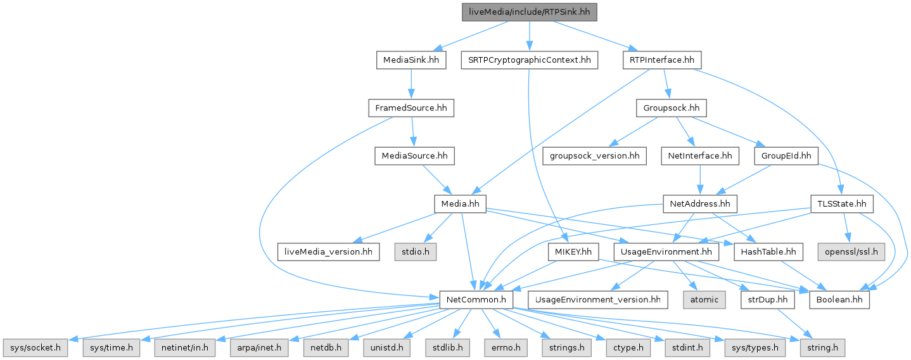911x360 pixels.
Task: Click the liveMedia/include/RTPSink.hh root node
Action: (x=530, y=12)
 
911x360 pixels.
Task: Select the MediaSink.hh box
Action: (x=411, y=60)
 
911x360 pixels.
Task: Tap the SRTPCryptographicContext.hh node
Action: (x=529, y=60)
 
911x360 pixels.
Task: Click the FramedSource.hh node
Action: (x=411, y=108)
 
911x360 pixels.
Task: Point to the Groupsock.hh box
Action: (x=671, y=108)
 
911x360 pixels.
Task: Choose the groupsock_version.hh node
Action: (x=594, y=155)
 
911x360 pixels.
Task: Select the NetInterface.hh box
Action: (x=700, y=155)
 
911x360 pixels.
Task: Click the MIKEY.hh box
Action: (x=573, y=252)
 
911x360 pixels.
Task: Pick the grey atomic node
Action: (x=704, y=299)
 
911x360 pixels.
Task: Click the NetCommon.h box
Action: (x=476, y=299)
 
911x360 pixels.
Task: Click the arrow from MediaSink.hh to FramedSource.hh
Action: (x=411, y=84)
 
